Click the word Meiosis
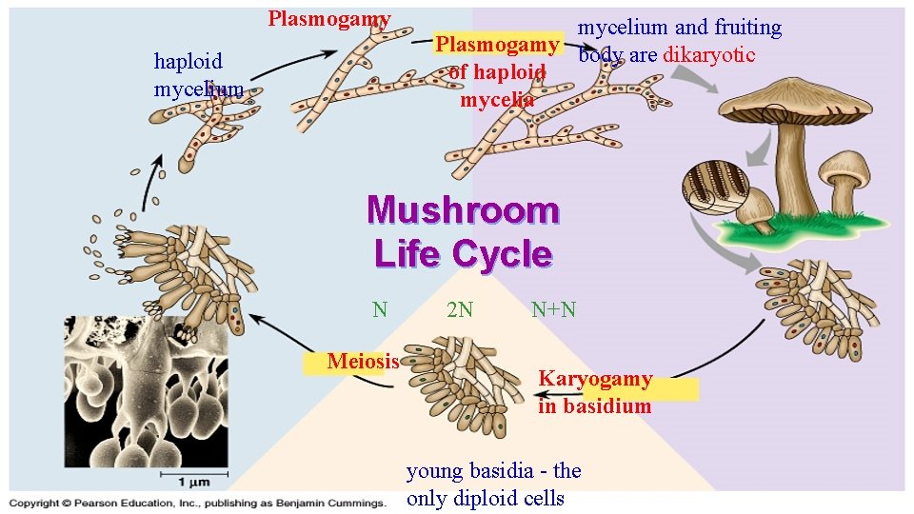coord(363,361)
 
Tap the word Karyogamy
coord(595,379)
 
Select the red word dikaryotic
coord(708,54)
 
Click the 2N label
coord(460,309)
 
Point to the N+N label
coord(553,309)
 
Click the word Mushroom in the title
coord(463,209)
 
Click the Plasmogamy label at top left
coord(329,19)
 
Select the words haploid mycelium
coord(196,75)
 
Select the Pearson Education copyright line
coord(197,503)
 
